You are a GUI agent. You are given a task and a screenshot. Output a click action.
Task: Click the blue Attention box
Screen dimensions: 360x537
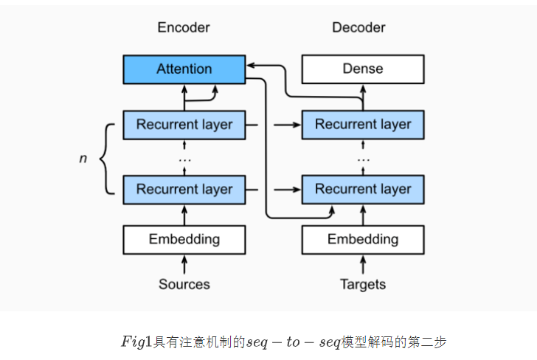(184, 69)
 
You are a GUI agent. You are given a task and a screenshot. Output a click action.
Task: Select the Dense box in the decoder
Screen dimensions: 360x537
(363, 69)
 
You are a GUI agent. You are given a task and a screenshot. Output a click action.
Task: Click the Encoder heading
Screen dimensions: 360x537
(184, 27)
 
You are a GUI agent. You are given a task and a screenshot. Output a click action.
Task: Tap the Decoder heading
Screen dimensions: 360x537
(358, 27)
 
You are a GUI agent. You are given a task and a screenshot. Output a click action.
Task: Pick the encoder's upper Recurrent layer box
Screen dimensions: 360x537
(184, 125)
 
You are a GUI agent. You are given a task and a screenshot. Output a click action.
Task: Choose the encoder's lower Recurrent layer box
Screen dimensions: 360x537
(184, 189)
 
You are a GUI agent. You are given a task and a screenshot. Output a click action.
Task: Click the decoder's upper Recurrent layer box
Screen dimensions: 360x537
(363, 125)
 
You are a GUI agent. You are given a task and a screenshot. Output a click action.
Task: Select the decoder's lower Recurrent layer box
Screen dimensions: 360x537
(363, 189)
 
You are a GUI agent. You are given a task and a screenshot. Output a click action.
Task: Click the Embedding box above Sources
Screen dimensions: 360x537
(184, 240)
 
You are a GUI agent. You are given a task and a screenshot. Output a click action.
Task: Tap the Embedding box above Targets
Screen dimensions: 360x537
(363, 240)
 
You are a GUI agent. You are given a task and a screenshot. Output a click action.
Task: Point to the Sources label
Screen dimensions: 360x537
(184, 284)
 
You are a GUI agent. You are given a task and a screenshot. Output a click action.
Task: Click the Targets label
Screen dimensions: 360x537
(363, 284)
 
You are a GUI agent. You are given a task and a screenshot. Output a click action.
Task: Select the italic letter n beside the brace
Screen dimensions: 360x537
(83, 158)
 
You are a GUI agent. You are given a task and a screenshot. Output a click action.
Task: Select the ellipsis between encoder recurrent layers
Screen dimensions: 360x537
(184, 159)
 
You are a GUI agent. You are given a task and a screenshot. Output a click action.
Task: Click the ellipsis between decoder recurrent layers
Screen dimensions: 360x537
(363, 159)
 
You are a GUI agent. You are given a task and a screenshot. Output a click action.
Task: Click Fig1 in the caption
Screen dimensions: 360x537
(136, 342)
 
